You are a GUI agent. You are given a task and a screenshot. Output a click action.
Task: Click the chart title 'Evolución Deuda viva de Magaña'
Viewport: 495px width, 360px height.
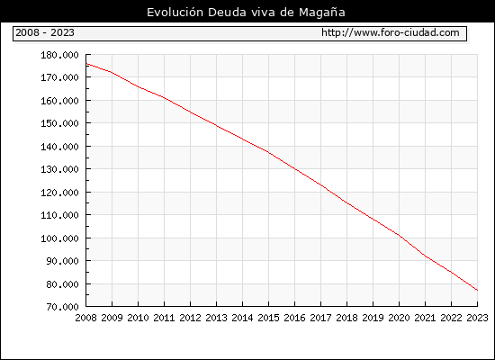tap(246, 13)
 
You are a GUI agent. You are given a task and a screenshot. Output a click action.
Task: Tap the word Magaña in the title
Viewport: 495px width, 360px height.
tap(322, 13)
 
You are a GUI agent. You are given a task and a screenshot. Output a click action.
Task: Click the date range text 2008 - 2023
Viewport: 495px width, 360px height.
tap(45, 32)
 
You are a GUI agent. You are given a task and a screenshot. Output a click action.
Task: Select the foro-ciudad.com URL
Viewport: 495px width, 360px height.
tap(391, 32)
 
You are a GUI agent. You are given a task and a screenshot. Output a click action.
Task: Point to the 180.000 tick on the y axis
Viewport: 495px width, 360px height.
tap(59, 55)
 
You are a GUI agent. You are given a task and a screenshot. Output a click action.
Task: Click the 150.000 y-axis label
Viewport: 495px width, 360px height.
tap(59, 123)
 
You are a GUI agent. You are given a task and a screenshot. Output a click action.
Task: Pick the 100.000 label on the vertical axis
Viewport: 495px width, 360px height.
tap(59, 238)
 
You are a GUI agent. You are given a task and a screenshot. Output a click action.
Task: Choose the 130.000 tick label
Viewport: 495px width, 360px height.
tap(59, 169)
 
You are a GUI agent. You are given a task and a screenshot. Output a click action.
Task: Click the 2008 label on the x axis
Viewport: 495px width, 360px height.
tap(85, 318)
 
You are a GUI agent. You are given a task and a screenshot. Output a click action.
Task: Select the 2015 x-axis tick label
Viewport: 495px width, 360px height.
tap(269, 318)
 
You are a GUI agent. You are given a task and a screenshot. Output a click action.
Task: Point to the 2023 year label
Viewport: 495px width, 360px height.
tap(477, 318)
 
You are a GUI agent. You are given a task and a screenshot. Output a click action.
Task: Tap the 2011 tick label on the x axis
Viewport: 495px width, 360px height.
tap(164, 318)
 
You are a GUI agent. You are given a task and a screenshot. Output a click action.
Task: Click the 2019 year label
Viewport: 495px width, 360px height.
tap(373, 318)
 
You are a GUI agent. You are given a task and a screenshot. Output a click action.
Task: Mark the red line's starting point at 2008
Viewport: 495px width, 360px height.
tap(86, 64)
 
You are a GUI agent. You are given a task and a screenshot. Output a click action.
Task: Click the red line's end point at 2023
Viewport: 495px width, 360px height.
tap(477, 290)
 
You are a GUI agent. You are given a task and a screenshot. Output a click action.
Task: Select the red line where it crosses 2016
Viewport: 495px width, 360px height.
tap(295, 169)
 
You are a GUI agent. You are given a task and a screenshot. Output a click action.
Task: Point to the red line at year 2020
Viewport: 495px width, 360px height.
tap(399, 235)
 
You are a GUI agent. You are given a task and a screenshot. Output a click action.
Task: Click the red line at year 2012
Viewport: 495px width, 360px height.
tap(191, 112)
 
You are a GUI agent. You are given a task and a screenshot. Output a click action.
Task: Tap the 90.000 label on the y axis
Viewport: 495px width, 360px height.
tap(62, 261)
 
